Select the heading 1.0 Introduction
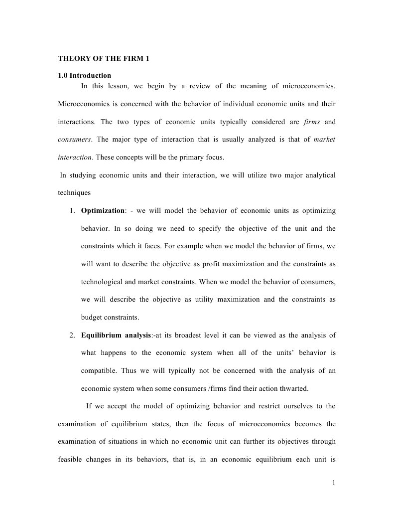click(85, 76)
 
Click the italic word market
click(325, 140)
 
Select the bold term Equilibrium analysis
click(117, 336)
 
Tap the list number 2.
click(73, 336)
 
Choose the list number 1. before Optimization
click(73, 211)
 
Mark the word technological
click(102, 282)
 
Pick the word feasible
click(70, 460)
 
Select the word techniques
click(74, 193)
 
